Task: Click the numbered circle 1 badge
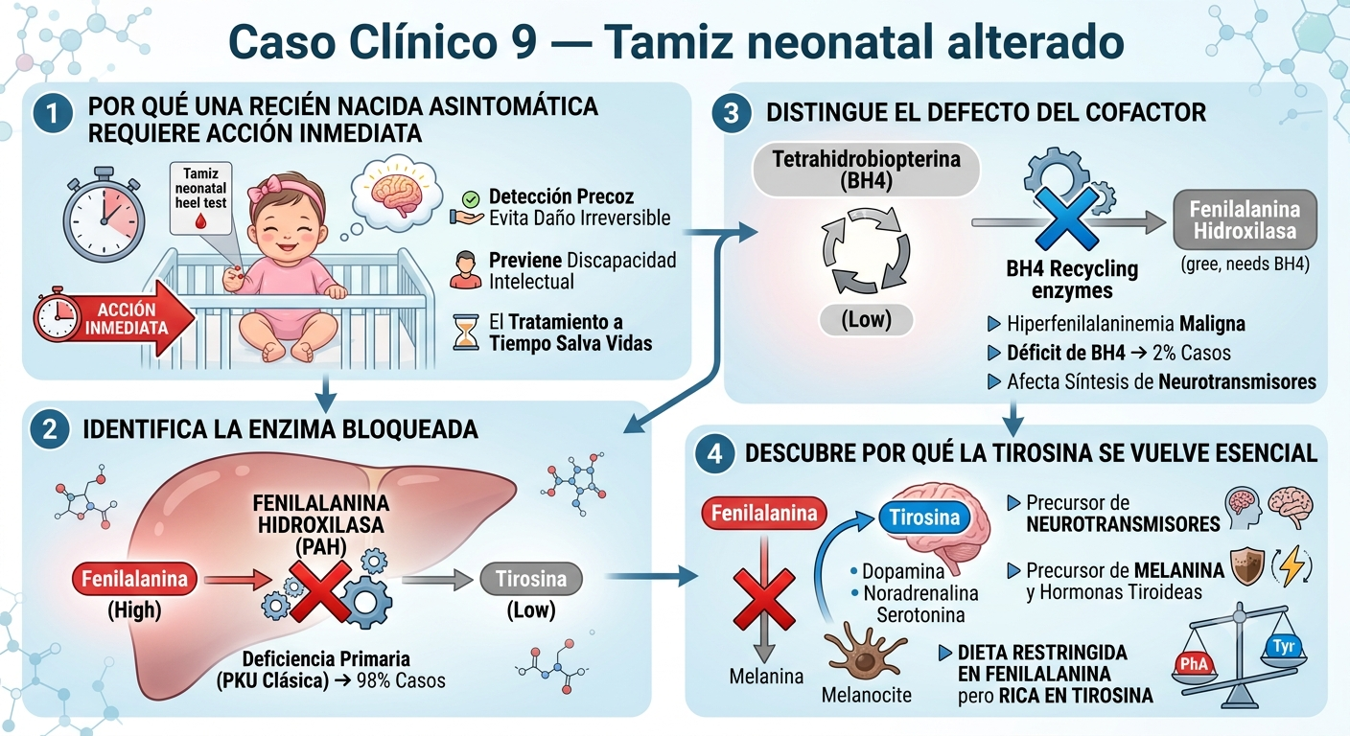53,113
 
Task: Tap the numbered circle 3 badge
731,113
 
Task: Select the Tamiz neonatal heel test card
200,197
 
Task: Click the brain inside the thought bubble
396,194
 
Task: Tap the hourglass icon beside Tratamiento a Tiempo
466,332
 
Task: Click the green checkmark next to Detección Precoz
471,198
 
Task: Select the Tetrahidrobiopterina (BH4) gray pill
866,170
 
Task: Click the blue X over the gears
1066,218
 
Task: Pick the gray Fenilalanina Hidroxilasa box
1245,219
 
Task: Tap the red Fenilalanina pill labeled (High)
134,579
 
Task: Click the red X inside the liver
320,591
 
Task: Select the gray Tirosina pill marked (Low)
531,579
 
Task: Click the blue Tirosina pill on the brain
924,517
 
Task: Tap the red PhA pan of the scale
1194,664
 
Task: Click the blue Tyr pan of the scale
1284,649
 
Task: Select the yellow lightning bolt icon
1292,566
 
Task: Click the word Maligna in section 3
1212,324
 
